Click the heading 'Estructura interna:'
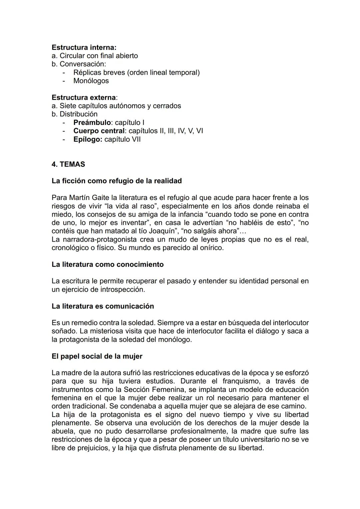coord(84,47)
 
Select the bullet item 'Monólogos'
coord(91,81)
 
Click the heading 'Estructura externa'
coord(84,97)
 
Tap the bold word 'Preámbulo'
coord(92,122)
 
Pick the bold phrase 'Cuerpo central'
coord(99,131)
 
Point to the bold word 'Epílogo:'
coord(88,139)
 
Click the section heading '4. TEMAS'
coord(68,164)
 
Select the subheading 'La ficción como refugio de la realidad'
coord(117,181)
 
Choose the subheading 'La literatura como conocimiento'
coord(108,264)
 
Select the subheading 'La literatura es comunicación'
coord(103,306)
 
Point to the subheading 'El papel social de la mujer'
coord(97,356)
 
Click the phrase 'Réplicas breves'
coord(99,72)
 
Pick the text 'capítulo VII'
coord(122,139)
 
